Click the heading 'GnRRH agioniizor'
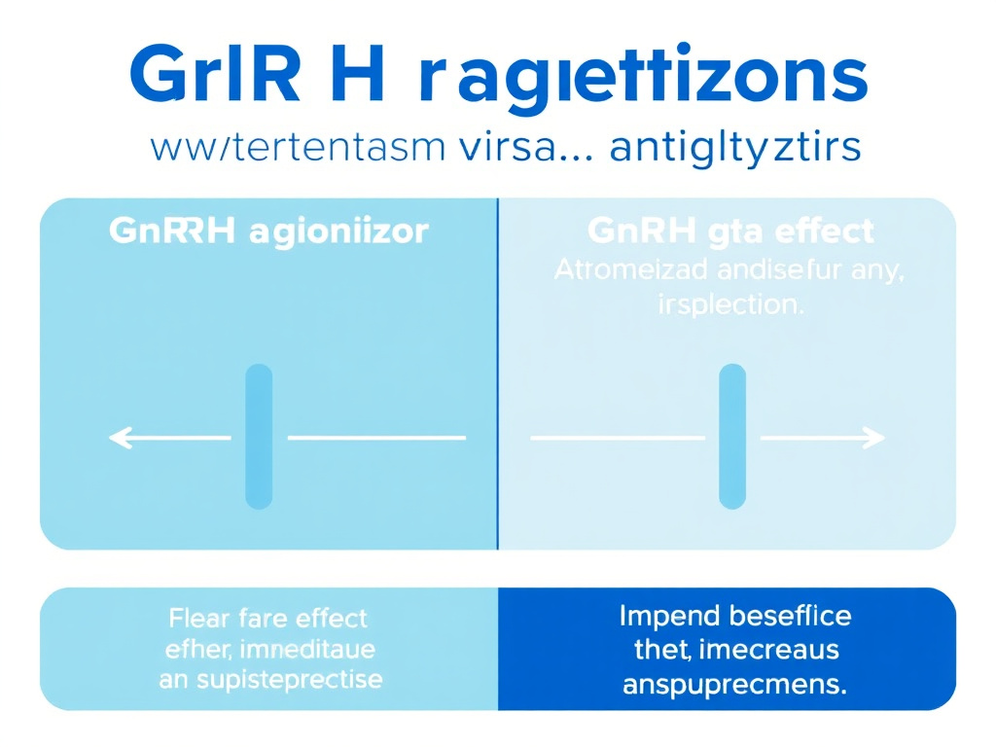(x=269, y=233)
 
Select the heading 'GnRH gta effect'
(x=730, y=232)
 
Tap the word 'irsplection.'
(x=729, y=303)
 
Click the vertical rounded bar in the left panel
(x=259, y=436)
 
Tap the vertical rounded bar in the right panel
(x=731, y=436)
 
